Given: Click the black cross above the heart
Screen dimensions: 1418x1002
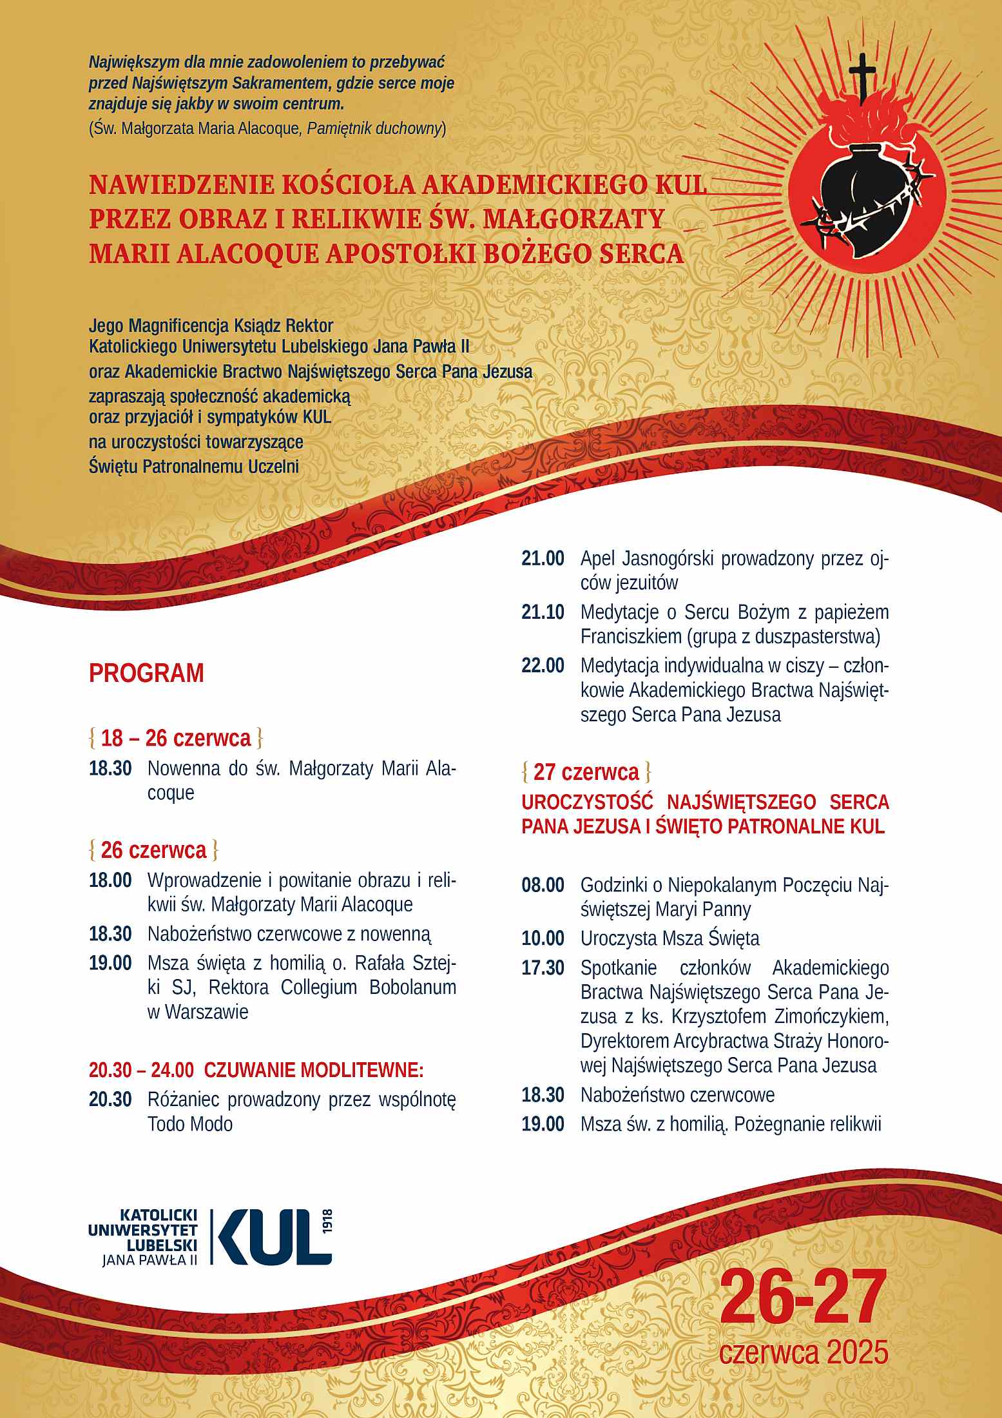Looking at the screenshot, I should pos(863,77).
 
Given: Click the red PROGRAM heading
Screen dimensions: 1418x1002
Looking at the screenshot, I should pos(146,674).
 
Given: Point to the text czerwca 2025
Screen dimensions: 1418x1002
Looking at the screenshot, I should pos(804,1351).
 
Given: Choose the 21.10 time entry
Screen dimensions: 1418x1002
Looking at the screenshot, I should pos(543,612).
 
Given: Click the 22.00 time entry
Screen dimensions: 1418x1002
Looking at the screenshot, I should pos(543,665).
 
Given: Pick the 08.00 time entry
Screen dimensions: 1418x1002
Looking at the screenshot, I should pos(543,885).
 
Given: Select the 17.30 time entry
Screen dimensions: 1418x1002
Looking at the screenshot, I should pos(543,967).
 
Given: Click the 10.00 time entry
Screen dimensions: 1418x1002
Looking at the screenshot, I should pos(543,938).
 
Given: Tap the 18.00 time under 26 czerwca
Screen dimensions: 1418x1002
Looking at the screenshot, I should pos(110,880).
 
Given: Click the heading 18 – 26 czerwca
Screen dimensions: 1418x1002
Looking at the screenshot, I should pos(176,738).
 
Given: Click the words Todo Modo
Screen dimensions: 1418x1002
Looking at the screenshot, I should pos(190,1124).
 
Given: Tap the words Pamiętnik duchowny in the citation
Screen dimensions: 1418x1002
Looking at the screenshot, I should pos(374,128).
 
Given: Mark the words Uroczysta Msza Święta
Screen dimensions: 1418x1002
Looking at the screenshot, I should pos(670,938).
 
